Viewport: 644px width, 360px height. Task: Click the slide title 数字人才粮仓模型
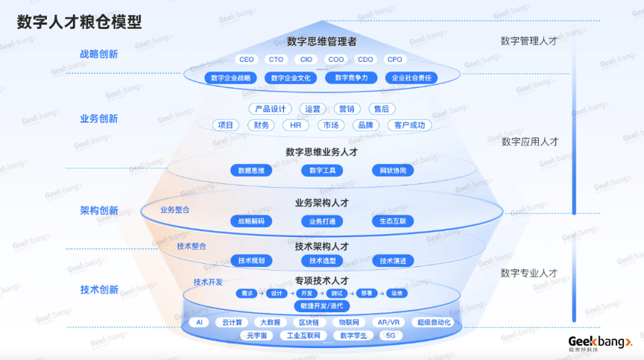point(80,22)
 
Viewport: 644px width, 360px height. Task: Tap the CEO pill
point(246,60)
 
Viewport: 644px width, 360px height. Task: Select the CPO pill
point(394,60)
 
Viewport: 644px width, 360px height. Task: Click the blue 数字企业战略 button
point(233,78)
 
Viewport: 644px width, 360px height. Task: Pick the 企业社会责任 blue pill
point(411,78)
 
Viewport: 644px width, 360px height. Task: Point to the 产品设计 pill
point(268,109)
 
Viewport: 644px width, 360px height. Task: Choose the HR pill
point(295,125)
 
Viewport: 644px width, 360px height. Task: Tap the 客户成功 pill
point(410,125)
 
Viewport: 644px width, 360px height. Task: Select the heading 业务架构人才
point(322,203)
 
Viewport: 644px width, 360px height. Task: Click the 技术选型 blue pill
point(322,261)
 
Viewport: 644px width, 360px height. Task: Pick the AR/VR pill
point(388,323)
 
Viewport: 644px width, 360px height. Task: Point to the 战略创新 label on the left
point(98,54)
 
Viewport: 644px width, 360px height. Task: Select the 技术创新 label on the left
point(99,290)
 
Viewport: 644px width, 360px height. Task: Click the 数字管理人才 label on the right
point(528,42)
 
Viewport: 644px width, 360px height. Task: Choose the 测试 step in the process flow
point(337,294)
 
